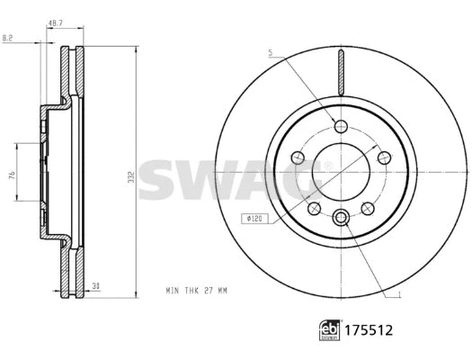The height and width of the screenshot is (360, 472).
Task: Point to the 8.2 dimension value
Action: [x=7, y=37]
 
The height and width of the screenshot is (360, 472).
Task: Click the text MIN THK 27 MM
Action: [x=198, y=291]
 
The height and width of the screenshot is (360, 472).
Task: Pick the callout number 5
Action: [x=269, y=53]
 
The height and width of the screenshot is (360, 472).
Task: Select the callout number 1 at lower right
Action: [x=399, y=295]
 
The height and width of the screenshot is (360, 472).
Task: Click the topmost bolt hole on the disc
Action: [x=340, y=124]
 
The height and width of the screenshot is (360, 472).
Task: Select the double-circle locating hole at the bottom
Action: [x=340, y=216]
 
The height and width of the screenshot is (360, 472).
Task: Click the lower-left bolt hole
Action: [x=314, y=208]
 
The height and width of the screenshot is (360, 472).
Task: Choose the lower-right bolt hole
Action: [x=366, y=208]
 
